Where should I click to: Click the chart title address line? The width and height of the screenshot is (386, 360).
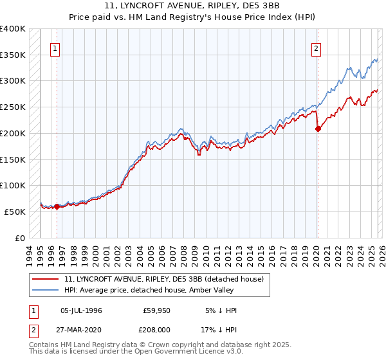(192, 6)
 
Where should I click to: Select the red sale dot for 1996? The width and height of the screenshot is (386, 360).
(57, 206)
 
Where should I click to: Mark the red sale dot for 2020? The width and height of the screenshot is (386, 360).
(318, 129)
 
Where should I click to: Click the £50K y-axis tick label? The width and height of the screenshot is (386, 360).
(15, 212)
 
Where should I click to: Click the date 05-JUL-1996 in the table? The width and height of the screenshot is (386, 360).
(81, 310)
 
